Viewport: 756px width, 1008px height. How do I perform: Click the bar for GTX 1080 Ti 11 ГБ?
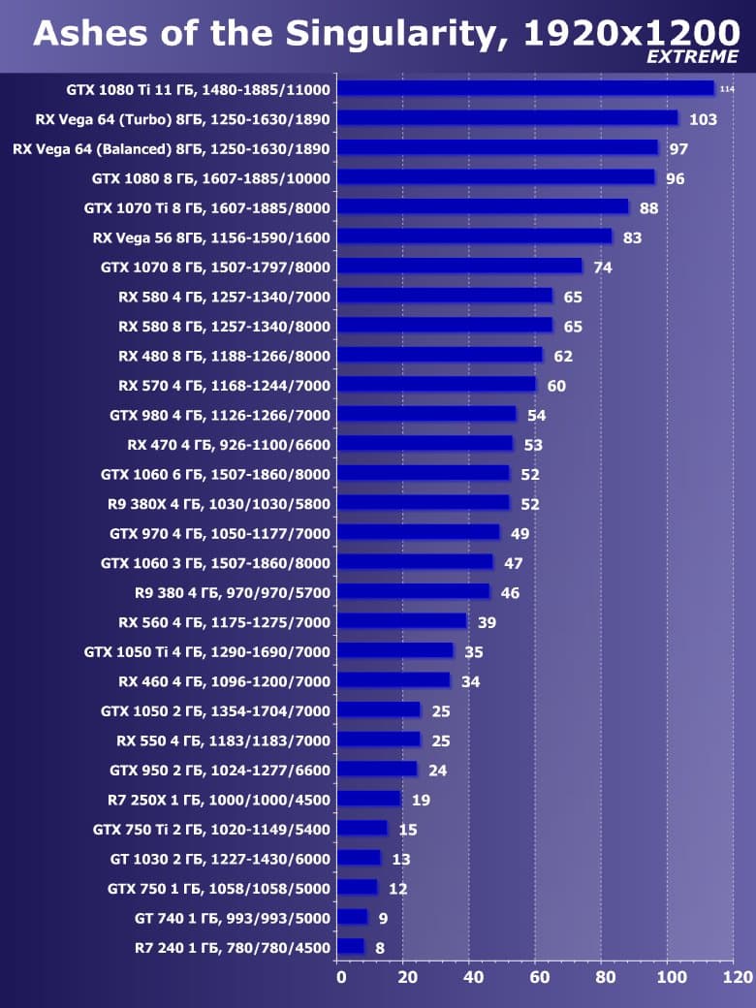tap(525, 88)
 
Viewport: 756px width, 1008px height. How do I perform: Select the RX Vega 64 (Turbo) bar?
tap(508, 118)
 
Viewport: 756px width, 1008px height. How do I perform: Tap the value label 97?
tap(678, 149)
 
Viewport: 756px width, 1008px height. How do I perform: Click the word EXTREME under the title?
tap(692, 57)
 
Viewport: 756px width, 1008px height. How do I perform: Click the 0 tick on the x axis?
tap(340, 976)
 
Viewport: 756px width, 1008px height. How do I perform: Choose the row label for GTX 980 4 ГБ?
tap(220, 416)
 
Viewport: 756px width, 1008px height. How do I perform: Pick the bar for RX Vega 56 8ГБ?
tap(475, 236)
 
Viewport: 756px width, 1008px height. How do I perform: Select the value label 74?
tap(603, 268)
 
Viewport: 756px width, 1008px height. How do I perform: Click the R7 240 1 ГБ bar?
tap(351, 946)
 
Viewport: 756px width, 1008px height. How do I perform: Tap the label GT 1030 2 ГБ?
tap(220, 859)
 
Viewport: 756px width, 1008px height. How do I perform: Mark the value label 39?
tap(487, 622)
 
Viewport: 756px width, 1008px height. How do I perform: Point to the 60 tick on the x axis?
tap(536, 976)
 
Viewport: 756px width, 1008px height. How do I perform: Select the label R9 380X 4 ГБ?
tap(219, 504)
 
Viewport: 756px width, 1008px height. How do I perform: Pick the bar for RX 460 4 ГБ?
tap(394, 680)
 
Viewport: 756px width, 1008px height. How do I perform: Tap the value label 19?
tap(421, 801)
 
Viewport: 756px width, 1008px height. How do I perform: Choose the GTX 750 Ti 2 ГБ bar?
tap(362, 829)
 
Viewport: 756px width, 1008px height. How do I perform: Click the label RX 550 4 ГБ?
tap(223, 740)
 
